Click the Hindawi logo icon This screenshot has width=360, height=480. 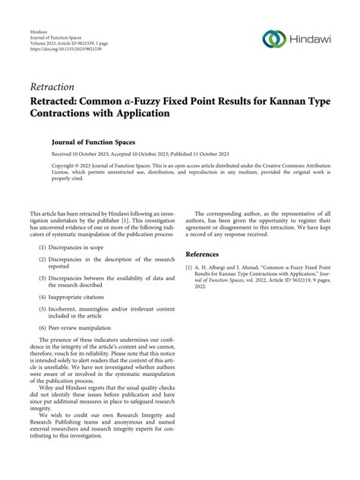pos(273,38)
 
